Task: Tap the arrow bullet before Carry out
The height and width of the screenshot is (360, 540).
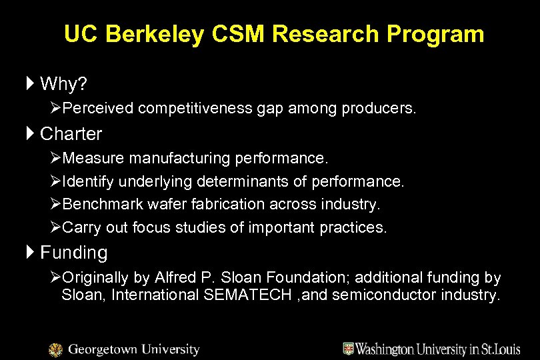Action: tap(56, 227)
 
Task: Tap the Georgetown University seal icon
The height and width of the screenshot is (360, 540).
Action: tap(56, 349)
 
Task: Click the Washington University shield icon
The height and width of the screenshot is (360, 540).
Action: tap(348, 349)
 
